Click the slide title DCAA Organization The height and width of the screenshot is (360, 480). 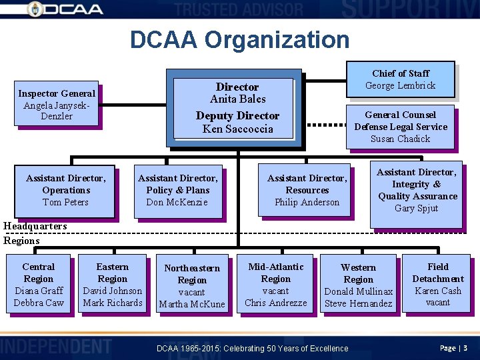pyautogui.click(x=239, y=40)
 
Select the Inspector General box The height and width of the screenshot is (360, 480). pyautogui.click(x=57, y=105)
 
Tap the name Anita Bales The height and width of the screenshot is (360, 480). pyautogui.click(x=237, y=99)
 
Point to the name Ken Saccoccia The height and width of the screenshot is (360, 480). pyautogui.click(x=237, y=129)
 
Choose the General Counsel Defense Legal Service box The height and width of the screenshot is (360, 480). pyautogui.click(x=400, y=127)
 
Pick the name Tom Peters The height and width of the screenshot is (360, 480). pyautogui.click(x=65, y=202)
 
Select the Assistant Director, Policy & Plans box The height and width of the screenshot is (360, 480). pyautogui.click(x=177, y=190)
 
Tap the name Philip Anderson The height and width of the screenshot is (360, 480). pyautogui.click(x=307, y=202)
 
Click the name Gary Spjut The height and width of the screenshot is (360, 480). pyautogui.click(x=417, y=208)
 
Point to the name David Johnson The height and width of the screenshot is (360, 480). pyautogui.click(x=112, y=291)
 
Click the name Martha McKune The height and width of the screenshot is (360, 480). pyautogui.click(x=192, y=304)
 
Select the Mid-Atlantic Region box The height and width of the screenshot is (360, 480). pyautogui.click(x=275, y=284)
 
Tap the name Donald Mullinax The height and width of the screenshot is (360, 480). pyautogui.click(x=358, y=291)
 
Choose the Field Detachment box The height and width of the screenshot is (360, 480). pyautogui.click(x=437, y=284)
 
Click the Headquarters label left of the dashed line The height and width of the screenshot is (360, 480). pyautogui.click(x=35, y=226)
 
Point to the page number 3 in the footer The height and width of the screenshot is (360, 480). pyautogui.click(x=465, y=348)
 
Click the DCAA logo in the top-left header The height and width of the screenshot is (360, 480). pyautogui.click(x=65, y=9)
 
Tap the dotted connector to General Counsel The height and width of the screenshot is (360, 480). pyautogui.click(x=324, y=125)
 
